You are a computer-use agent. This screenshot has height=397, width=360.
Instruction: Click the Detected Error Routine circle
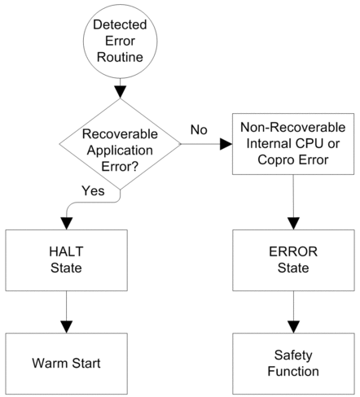[x=120, y=41]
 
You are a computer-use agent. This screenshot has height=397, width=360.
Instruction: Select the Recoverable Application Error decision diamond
[x=120, y=144]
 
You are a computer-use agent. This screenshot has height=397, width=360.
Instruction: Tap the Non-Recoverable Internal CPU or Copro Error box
[x=293, y=144]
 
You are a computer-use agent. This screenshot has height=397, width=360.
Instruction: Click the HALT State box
[x=67, y=260]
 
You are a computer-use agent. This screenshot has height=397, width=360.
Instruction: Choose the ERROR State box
[x=293, y=260]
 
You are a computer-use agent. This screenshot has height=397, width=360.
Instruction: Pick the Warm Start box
[x=67, y=364]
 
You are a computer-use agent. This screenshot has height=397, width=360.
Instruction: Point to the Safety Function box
[x=293, y=364]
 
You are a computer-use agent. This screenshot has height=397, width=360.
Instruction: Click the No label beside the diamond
[x=199, y=130]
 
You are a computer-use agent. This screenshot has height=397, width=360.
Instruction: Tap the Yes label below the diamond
[x=93, y=191]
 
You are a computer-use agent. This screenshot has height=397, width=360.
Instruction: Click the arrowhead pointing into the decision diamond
[x=120, y=92]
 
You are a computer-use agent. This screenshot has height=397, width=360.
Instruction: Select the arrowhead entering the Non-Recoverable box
[x=226, y=144]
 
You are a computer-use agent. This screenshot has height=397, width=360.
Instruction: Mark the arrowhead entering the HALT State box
[x=67, y=224]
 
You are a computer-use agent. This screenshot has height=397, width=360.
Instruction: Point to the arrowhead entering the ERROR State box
[x=293, y=224]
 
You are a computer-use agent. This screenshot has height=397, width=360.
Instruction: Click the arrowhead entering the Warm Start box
[x=67, y=327]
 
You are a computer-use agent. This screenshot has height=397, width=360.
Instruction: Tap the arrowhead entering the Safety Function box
[x=293, y=327]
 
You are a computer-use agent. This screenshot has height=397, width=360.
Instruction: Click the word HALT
[x=66, y=251]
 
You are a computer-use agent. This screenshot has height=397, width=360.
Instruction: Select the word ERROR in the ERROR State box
[x=293, y=251]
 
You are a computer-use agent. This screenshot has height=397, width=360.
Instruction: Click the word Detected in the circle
[x=120, y=24]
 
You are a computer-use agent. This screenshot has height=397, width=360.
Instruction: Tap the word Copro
[x=272, y=160]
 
